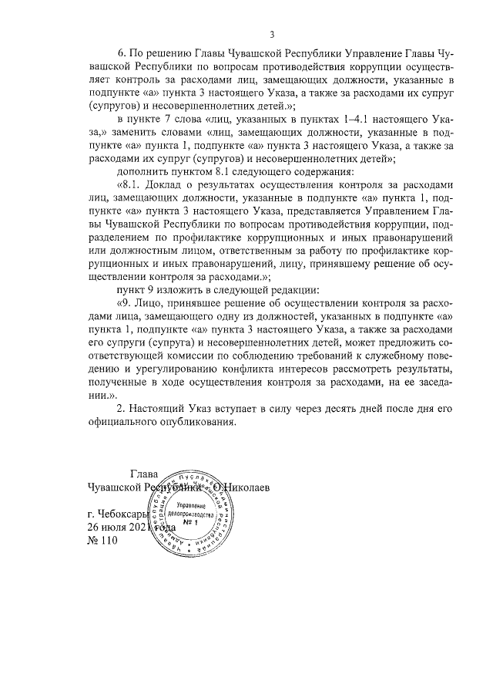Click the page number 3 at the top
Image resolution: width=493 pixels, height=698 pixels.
[x=272, y=35]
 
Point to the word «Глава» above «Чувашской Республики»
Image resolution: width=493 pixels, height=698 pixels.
[x=143, y=474]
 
